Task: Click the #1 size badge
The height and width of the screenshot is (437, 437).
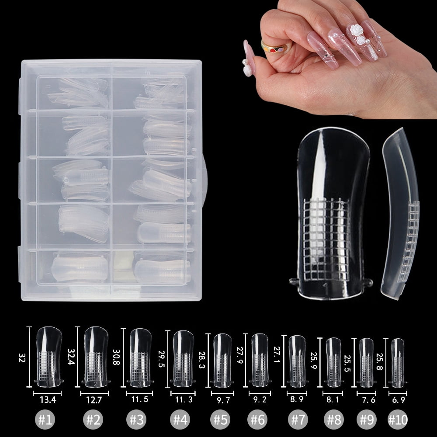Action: tap(45, 420)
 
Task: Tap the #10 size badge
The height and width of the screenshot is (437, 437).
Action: tap(397, 420)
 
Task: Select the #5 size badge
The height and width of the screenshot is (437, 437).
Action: tap(221, 420)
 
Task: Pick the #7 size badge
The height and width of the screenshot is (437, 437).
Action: tap(298, 420)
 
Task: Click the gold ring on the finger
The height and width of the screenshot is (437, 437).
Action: tap(274, 46)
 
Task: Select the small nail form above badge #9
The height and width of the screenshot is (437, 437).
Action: tap(366, 361)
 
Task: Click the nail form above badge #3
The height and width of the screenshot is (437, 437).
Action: tap(140, 356)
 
